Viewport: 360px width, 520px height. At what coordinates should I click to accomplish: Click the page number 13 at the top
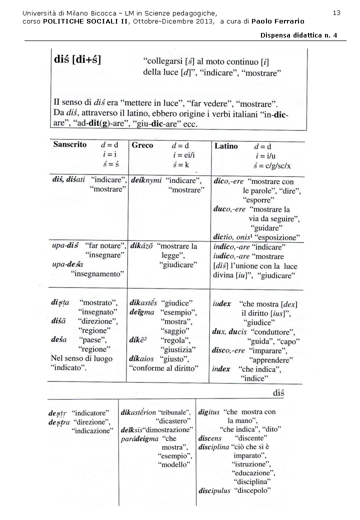(336, 12)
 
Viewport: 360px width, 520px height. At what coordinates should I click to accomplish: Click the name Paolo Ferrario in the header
(277, 21)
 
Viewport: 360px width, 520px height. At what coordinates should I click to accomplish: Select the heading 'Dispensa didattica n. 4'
(299, 35)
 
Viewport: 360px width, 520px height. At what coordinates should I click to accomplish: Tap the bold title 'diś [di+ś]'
(77, 60)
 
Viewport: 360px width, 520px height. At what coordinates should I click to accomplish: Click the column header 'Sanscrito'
(70, 144)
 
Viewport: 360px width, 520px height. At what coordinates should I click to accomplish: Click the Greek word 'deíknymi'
(146, 180)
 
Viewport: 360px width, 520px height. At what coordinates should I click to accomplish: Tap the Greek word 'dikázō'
(142, 246)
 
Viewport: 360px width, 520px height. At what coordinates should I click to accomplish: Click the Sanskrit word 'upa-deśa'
(67, 264)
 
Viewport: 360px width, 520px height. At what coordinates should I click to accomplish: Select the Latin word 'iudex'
(221, 303)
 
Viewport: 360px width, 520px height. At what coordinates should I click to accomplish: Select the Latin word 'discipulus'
(214, 490)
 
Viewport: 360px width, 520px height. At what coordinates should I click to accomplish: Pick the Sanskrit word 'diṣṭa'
(60, 303)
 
